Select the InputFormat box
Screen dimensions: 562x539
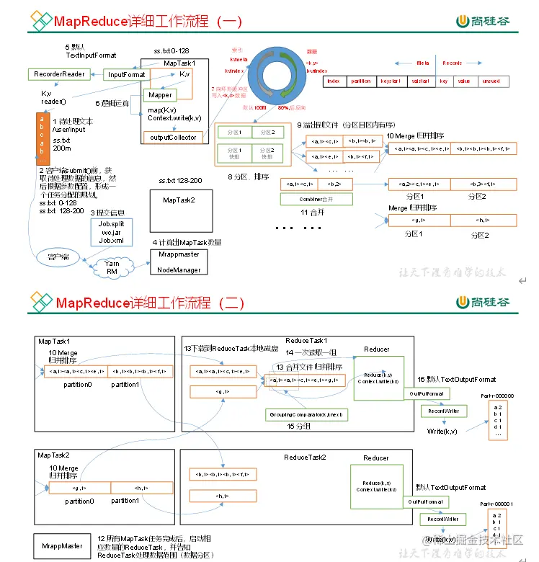click(127, 74)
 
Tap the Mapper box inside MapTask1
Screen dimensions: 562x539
click(161, 95)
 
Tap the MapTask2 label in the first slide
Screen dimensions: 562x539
click(178, 200)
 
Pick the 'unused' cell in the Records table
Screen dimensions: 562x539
click(491, 81)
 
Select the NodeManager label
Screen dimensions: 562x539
click(178, 269)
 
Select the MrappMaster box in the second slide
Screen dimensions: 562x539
click(62, 545)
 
